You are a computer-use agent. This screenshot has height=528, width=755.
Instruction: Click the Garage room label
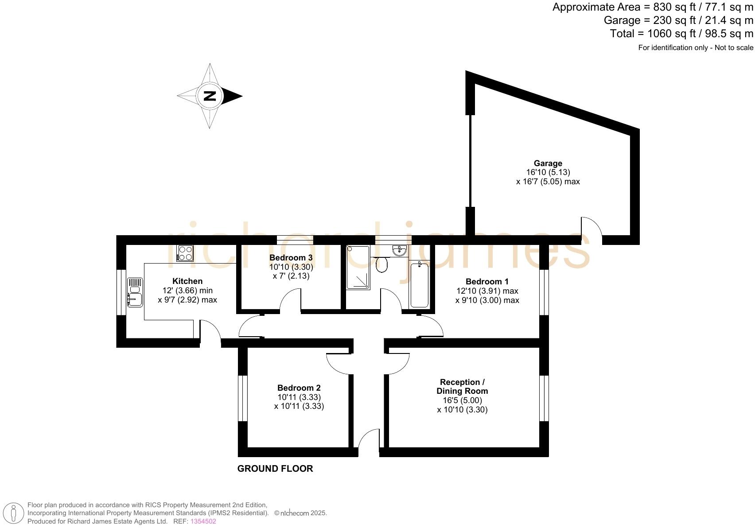[548, 163]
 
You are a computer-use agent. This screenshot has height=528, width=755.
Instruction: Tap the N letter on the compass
[210, 96]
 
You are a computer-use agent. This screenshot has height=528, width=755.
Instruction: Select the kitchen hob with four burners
[185, 253]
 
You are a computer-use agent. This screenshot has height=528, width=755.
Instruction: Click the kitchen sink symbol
[135, 292]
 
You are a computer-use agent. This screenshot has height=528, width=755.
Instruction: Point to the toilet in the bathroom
[381, 264]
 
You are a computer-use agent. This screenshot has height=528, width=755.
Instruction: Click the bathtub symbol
[419, 284]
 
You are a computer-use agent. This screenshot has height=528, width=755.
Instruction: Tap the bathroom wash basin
[399, 251]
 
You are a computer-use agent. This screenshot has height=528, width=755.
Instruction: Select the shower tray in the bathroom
[358, 268]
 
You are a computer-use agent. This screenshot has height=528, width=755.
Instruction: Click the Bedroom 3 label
[291, 258]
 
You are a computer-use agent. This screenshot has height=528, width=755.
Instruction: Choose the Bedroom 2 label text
[299, 388]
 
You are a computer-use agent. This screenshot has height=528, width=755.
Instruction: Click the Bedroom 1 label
[487, 282]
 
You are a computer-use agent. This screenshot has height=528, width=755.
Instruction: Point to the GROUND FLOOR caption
[275, 469]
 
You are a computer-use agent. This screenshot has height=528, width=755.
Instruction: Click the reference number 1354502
[203, 521]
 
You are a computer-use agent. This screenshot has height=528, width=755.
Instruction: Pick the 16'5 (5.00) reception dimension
[462, 400]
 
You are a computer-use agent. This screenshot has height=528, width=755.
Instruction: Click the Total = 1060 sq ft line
[681, 34]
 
